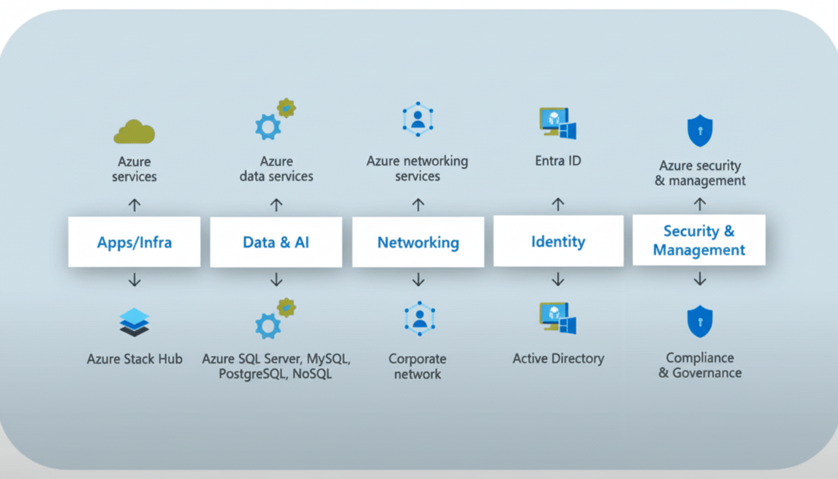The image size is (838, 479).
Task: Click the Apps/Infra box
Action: [134, 242]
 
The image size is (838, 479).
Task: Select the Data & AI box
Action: [276, 242]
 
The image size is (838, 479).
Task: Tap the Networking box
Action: [418, 242]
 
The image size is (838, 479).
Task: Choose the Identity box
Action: [558, 241]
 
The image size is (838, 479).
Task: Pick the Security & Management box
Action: [699, 240]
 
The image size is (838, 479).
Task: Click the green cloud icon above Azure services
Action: [134, 132]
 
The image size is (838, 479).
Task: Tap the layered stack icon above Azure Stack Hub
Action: [135, 322]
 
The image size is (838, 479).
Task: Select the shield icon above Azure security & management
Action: [700, 130]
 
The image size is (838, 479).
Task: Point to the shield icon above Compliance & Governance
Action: [700, 321]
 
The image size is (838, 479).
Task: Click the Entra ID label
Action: [558, 161]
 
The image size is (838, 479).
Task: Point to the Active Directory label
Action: [558, 359]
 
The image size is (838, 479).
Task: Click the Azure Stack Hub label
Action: [135, 359]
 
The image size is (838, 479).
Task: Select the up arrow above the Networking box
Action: [418, 205]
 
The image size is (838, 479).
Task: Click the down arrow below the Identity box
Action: [558, 280]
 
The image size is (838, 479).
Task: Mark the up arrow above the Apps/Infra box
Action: [135, 205]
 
